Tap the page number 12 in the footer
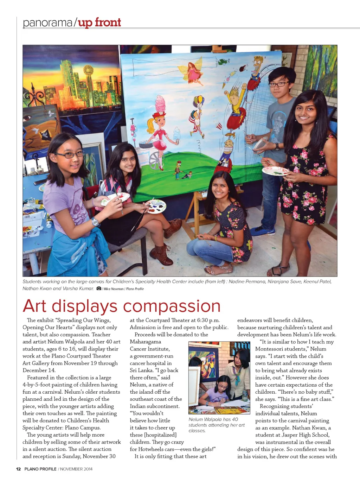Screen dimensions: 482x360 pos(18,469)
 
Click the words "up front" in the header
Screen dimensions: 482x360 pos(99,23)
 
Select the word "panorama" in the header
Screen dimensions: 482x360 pos(47,23)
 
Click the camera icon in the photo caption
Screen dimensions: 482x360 pos(99,288)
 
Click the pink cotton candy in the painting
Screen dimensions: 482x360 pos(160,104)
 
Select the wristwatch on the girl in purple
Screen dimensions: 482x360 pos(95,222)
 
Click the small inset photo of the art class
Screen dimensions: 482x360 pos(219,378)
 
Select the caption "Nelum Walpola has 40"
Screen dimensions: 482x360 pos(213,419)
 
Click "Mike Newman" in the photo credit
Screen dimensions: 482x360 pos(113,289)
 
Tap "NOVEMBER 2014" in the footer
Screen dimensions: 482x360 pos(76,469)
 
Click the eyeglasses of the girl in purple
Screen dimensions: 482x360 pos(70,154)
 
